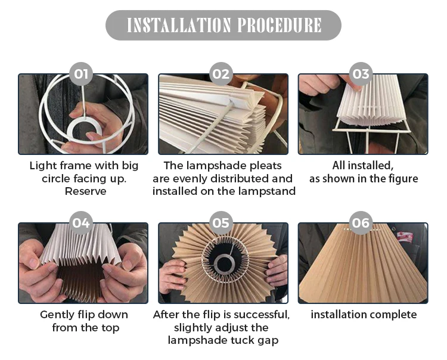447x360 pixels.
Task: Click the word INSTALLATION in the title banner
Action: pos(178,25)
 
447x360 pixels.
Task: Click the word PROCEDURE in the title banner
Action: pos(280,25)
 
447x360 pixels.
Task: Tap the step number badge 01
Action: pos(81,74)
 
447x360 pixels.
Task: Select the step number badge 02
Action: pos(221,74)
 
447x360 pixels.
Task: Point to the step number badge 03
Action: pos(361,74)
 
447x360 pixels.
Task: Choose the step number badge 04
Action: pos(81,223)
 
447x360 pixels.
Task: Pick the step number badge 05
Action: pos(221,223)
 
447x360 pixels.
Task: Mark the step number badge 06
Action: pos(361,223)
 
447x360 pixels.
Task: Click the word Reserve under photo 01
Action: pos(85,191)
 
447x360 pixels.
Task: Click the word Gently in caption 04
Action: pos(57,315)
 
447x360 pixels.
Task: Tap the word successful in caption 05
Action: pos(262,315)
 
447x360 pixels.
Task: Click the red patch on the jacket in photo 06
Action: pos(406,237)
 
